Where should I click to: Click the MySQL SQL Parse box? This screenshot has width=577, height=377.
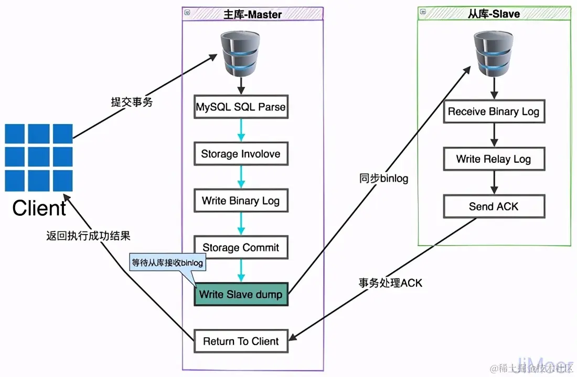(241, 107)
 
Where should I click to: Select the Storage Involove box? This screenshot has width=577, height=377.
(241, 154)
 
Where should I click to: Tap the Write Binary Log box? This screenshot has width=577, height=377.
(241, 201)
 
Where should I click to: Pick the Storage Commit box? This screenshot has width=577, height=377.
(241, 247)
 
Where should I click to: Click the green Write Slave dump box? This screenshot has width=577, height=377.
(241, 294)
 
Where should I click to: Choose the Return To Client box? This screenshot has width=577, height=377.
(241, 341)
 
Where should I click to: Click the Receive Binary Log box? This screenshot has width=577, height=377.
(493, 112)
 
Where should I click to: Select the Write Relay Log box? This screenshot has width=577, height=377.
(493, 159)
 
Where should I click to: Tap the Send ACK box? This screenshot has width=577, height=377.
(493, 206)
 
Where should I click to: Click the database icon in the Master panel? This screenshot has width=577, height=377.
(240, 53)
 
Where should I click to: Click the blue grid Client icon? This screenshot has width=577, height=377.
(39, 158)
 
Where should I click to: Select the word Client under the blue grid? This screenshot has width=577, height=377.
(39, 208)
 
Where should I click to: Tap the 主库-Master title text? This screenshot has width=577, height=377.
(253, 14)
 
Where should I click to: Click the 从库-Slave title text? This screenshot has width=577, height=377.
(494, 14)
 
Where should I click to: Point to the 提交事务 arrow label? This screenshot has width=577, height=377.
(132, 102)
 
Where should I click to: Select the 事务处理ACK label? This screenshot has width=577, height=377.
(391, 283)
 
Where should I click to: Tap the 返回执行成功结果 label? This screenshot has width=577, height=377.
(88, 236)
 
